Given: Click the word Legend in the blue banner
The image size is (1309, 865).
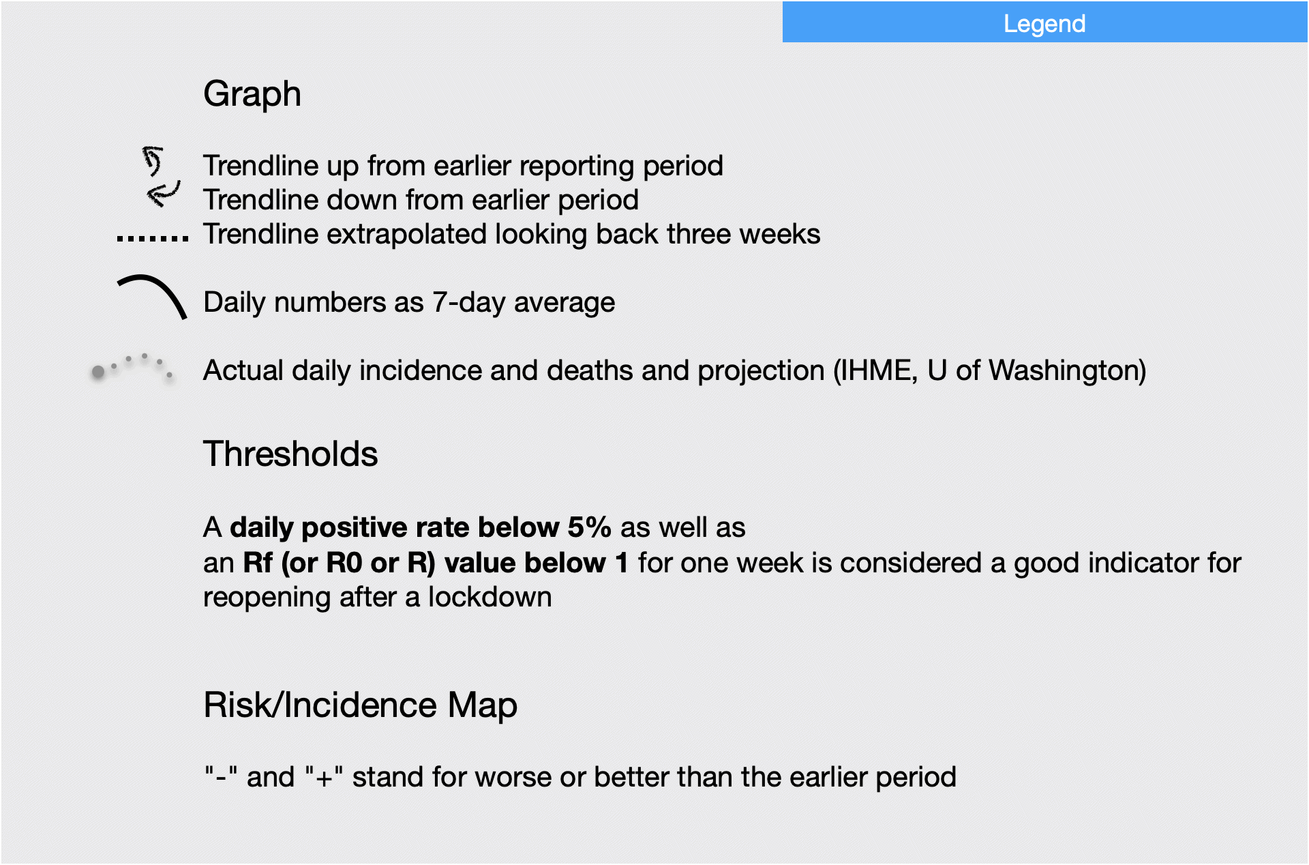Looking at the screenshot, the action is coord(1044,25).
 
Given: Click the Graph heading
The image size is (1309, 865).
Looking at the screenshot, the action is coord(252,94).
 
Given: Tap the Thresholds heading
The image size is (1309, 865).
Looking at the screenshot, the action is coord(290,454).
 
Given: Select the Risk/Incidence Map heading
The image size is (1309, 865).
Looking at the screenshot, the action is coord(360,705).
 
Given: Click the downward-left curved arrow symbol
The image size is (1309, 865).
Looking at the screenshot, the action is coord(164,194).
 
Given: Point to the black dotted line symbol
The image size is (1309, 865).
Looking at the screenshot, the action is coord(153,239).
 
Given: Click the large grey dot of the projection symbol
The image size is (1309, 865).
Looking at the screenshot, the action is coord(98,372).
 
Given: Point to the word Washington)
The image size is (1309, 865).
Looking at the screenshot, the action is coord(1068,371).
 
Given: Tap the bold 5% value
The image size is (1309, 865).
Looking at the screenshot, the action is coord(590,527).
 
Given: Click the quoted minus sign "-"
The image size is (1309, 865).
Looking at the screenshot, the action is coord(221,777).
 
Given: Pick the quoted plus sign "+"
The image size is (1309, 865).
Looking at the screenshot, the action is coord(324,777).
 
